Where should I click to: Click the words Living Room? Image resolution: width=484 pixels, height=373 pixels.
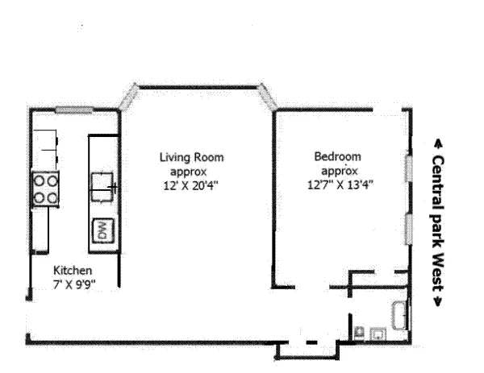pos(190,158)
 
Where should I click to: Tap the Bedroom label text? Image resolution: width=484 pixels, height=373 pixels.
pos(337,157)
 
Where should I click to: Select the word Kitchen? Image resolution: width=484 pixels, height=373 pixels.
pos(73,271)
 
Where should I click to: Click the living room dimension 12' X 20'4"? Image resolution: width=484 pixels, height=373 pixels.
pos(190,184)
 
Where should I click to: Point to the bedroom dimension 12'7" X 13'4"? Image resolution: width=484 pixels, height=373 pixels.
pos(340,184)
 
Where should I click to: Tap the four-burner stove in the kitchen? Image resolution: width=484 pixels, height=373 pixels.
pos(45,188)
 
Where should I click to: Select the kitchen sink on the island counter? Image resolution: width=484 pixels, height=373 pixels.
pos(102,184)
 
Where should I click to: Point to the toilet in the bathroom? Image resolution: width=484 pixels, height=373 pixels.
pos(360,331)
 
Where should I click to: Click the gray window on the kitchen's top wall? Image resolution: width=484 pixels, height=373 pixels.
pos(75,110)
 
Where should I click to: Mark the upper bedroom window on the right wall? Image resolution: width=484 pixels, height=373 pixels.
pos(409,170)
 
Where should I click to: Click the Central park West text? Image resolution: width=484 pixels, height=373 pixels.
pos(437,222)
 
